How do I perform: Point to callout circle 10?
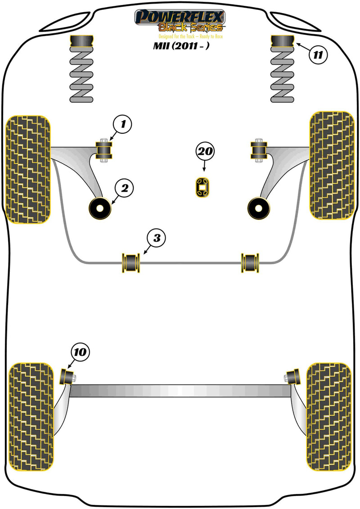[80, 353]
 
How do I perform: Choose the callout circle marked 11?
[318, 55]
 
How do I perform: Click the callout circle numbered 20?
[205, 153]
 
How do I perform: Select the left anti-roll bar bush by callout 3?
[131, 263]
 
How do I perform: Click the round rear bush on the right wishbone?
[259, 208]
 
